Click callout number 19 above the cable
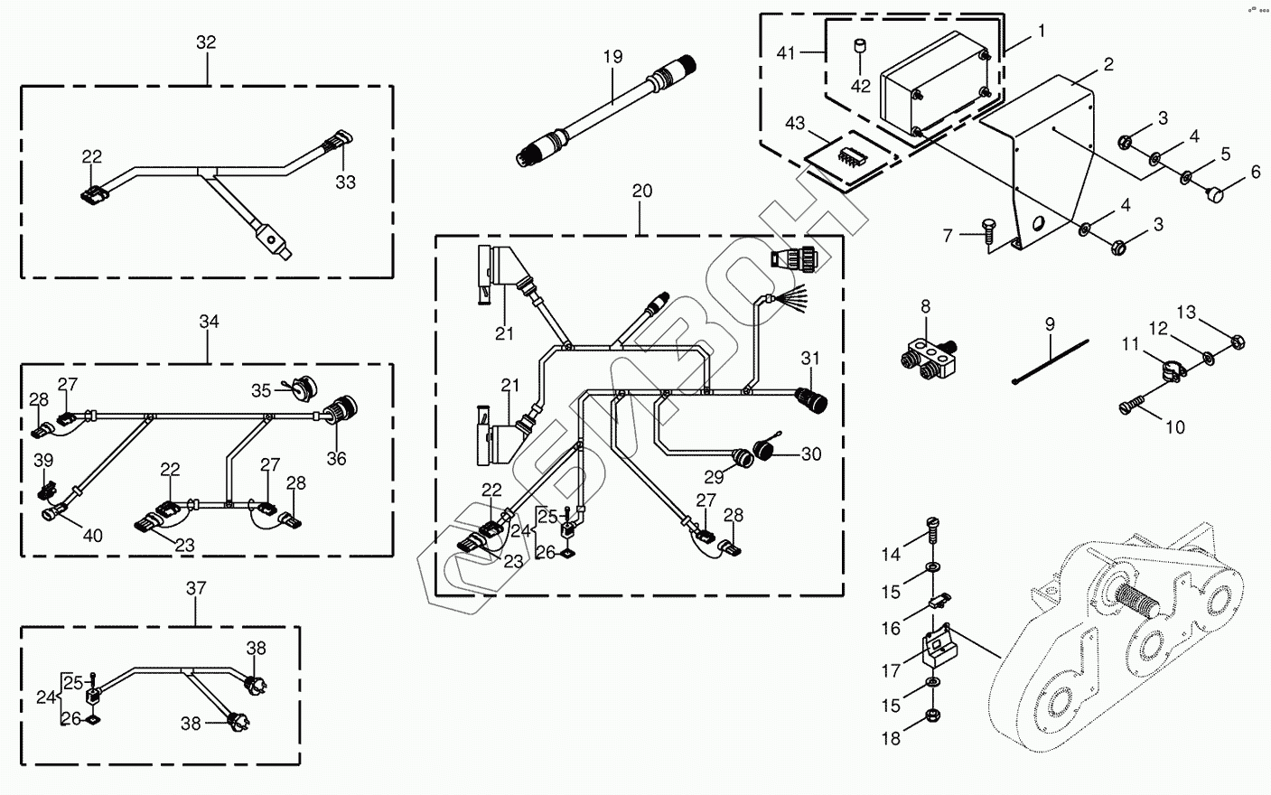pos(612,57)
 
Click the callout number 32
pos(206,42)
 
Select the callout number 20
pos(641,192)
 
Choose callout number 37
pos(196,588)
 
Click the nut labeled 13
pos(1238,342)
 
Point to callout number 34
pos(209,322)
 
